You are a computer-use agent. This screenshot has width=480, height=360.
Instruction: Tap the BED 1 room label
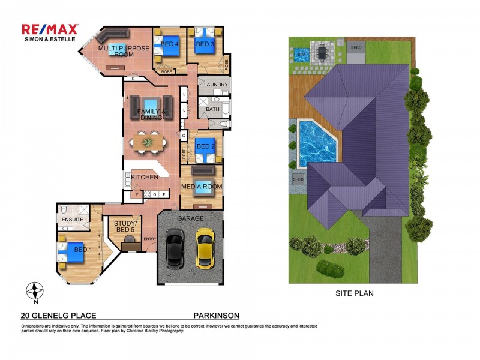pos(79,249)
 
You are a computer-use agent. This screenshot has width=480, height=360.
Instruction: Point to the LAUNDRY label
pos(215,85)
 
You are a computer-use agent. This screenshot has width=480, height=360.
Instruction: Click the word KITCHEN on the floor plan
pos(145,177)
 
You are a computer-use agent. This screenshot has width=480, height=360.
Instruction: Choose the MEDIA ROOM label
pos(202,187)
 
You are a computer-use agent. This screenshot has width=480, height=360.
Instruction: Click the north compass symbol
pos(35,291)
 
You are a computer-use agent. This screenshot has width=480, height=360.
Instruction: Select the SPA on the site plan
pos(301,54)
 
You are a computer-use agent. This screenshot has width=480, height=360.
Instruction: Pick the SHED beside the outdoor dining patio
pos(356,47)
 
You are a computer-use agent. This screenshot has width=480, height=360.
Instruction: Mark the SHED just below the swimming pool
pos(298,179)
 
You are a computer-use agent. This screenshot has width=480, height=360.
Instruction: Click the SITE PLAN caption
pos(354,293)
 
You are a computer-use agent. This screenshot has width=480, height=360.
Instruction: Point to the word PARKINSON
pos(216,315)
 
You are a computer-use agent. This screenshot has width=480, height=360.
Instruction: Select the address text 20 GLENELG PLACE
pos(58,315)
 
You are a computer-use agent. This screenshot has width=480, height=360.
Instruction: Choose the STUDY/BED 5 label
pos(125,226)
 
